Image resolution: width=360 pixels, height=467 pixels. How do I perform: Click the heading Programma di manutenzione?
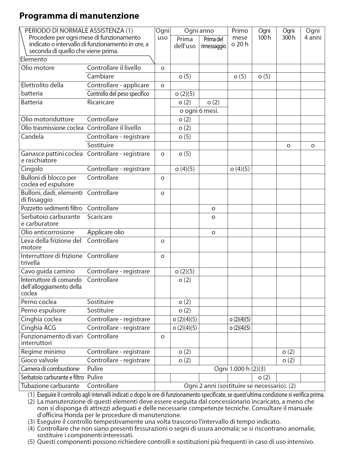[79, 16]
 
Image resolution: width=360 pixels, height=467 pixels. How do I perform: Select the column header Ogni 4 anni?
[313, 34]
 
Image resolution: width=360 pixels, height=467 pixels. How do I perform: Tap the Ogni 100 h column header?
[264, 34]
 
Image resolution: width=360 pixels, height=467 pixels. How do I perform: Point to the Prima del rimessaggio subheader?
[213, 43]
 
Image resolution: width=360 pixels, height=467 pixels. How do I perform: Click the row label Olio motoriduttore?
[47, 119]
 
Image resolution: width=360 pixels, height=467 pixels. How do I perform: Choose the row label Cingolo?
[32, 169]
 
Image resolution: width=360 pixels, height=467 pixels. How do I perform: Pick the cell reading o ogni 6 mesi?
[199, 111]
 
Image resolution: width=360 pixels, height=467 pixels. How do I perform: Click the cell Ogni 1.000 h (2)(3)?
[240, 369]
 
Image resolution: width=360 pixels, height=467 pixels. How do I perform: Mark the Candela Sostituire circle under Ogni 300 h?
[288, 145]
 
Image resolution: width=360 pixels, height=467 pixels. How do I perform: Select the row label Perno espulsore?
[43, 310]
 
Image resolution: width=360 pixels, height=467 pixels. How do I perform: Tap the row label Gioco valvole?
[40, 360]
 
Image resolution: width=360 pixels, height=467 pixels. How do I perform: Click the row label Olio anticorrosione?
[48, 232]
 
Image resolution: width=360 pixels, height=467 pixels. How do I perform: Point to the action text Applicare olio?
[106, 232]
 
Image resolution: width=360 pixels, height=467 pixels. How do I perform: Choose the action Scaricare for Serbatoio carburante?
[100, 217]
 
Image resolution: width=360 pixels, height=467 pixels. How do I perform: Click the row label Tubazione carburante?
[50, 386]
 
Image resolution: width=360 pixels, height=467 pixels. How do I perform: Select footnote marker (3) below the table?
[31, 422]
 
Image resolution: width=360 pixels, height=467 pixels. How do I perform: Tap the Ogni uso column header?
[162, 34]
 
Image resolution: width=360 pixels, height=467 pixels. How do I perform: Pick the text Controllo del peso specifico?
[118, 94]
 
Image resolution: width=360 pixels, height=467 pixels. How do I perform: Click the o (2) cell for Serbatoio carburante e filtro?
[264, 377]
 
